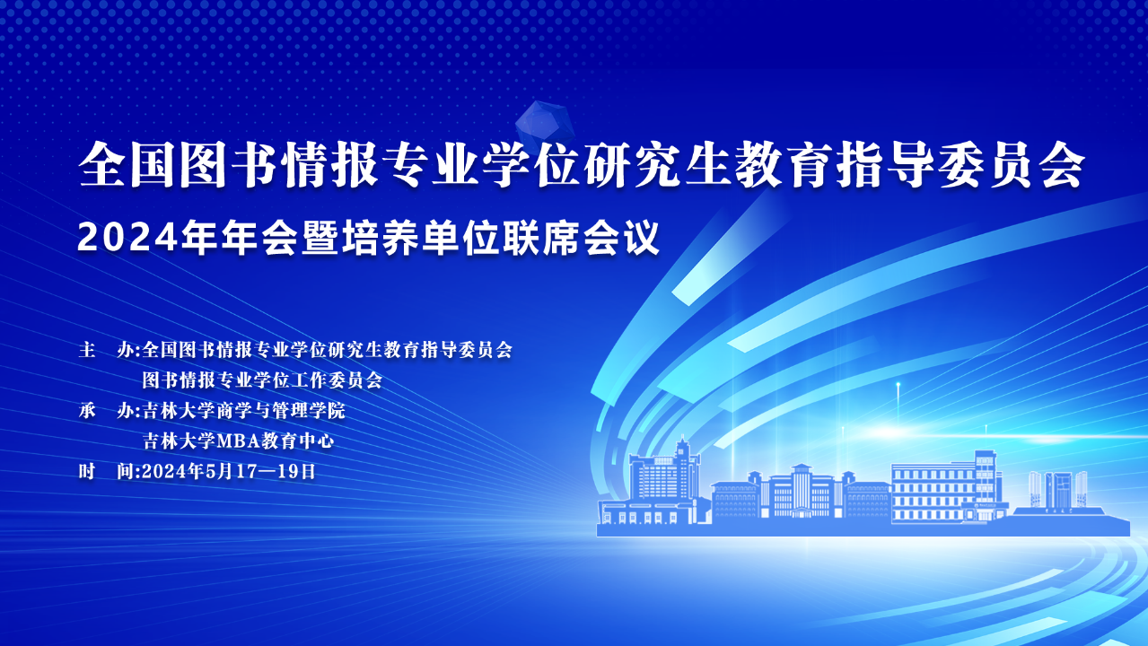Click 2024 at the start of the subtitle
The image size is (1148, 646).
[x=127, y=239]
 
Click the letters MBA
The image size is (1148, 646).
[x=238, y=441]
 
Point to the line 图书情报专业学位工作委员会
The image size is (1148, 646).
[x=262, y=380]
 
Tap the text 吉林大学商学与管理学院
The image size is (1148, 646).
[x=244, y=411]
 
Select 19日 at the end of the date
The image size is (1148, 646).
[x=296, y=471]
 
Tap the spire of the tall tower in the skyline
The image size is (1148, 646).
[x=683, y=445]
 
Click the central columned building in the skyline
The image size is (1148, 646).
[x=801, y=492]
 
